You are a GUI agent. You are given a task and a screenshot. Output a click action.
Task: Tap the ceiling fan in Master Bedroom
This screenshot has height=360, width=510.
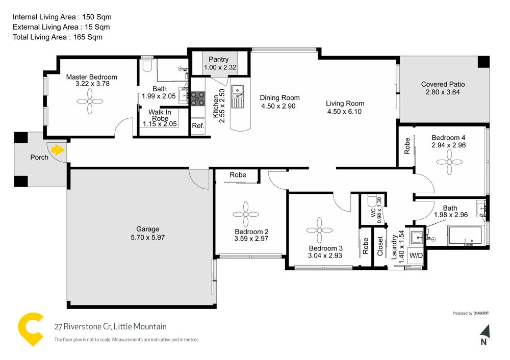tap(90, 101)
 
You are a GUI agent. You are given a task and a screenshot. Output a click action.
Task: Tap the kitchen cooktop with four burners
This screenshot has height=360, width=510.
tap(197, 97)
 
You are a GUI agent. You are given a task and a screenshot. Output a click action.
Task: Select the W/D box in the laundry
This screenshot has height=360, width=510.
tap(416, 254)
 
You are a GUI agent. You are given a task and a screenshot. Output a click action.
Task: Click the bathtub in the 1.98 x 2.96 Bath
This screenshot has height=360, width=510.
tap(465, 237)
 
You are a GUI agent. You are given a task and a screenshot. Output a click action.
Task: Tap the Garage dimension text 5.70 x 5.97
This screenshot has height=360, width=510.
tap(147, 237)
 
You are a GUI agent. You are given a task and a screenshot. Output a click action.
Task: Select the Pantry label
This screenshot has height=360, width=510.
tap(218, 60)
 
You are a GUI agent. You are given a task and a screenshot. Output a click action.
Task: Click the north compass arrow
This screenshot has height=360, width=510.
tap(484, 332)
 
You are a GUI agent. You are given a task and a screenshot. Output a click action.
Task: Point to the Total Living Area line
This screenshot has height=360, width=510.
tap(58, 37)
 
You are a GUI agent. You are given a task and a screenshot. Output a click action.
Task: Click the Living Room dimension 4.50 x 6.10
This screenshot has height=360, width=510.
tap(344, 111)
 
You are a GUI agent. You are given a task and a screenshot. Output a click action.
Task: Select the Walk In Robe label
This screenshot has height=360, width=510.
tap(160, 115)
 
